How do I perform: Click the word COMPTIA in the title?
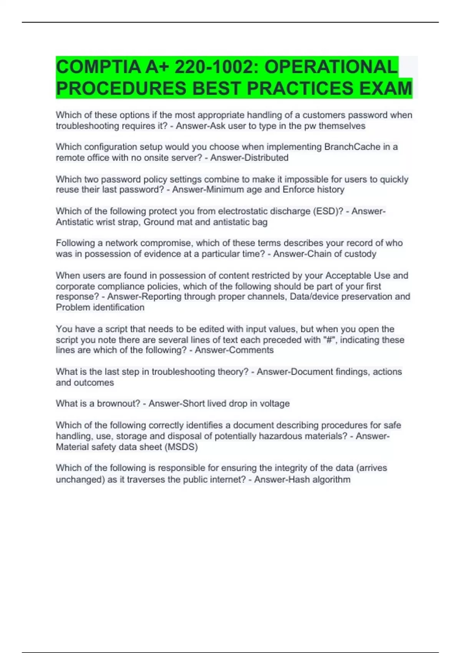click(98, 67)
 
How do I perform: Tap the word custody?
click(361, 254)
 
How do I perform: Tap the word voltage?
click(275, 403)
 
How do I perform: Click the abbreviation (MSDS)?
click(180, 447)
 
